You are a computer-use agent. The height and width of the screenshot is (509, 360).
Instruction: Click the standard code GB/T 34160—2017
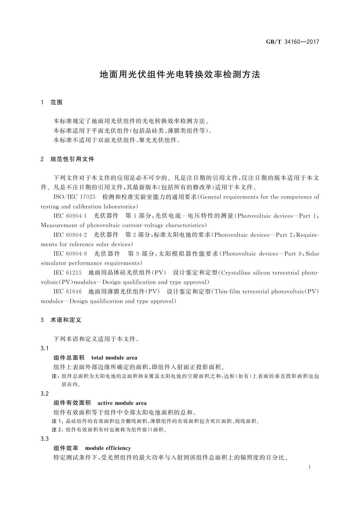292,42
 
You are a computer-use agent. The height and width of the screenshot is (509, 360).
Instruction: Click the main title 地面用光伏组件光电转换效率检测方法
180,75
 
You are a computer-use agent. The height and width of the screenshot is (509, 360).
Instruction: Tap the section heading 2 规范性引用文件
67,159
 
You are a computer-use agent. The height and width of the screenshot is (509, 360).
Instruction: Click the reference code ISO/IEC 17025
74,197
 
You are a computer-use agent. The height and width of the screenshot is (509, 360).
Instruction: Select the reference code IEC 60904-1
70,216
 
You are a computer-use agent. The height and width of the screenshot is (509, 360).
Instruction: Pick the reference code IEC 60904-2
70,235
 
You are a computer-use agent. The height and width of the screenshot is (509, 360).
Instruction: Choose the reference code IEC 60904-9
70,254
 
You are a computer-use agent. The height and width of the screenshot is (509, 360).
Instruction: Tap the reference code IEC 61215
67,273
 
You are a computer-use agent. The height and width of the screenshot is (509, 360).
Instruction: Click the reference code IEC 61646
67,291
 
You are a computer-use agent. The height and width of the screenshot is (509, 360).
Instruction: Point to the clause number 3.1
45,348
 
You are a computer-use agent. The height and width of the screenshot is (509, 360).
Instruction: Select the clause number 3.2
45,394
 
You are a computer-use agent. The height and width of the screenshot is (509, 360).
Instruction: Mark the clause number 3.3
45,439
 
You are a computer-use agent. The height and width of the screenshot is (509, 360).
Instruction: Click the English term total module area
114,358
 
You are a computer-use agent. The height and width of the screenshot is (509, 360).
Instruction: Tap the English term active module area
122,403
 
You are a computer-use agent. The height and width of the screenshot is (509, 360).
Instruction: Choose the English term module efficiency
108,448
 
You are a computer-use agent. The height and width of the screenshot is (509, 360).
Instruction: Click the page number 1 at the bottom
310,467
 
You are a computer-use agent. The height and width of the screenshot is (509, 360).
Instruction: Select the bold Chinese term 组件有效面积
72,403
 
